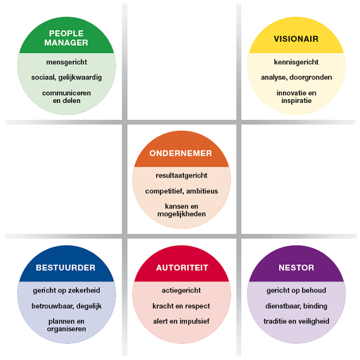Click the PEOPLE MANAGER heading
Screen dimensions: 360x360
[x=66, y=38]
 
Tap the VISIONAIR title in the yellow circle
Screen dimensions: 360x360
[x=296, y=39]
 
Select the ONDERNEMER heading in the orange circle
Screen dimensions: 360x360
[x=181, y=153]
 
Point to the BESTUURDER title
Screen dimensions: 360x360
[x=66, y=268]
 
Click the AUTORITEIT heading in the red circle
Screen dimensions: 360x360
[x=182, y=268]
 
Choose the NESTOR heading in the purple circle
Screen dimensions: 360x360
[x=296, y=268]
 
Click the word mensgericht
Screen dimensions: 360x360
[x=66, y=63]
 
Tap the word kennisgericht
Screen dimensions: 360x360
[x=296, y=62]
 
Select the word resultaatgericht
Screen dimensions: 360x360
[x=181, y=176]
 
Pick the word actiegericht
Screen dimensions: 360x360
[x=181, y=291]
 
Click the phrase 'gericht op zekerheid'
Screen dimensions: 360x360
[x=66, y=291]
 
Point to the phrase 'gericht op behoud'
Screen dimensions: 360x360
[x=296, y=291]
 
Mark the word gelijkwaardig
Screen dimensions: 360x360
[x=80, y=78]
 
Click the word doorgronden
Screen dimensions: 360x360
[x=311, y=78]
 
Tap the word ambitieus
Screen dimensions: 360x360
[x=202, y=191]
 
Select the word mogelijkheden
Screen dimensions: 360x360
[x=181, y=214]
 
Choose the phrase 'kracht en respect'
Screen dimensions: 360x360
[x=181, y=306]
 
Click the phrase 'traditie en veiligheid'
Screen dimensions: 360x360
[x=296, y=321]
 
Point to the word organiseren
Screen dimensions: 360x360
[x=66, y=329]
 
